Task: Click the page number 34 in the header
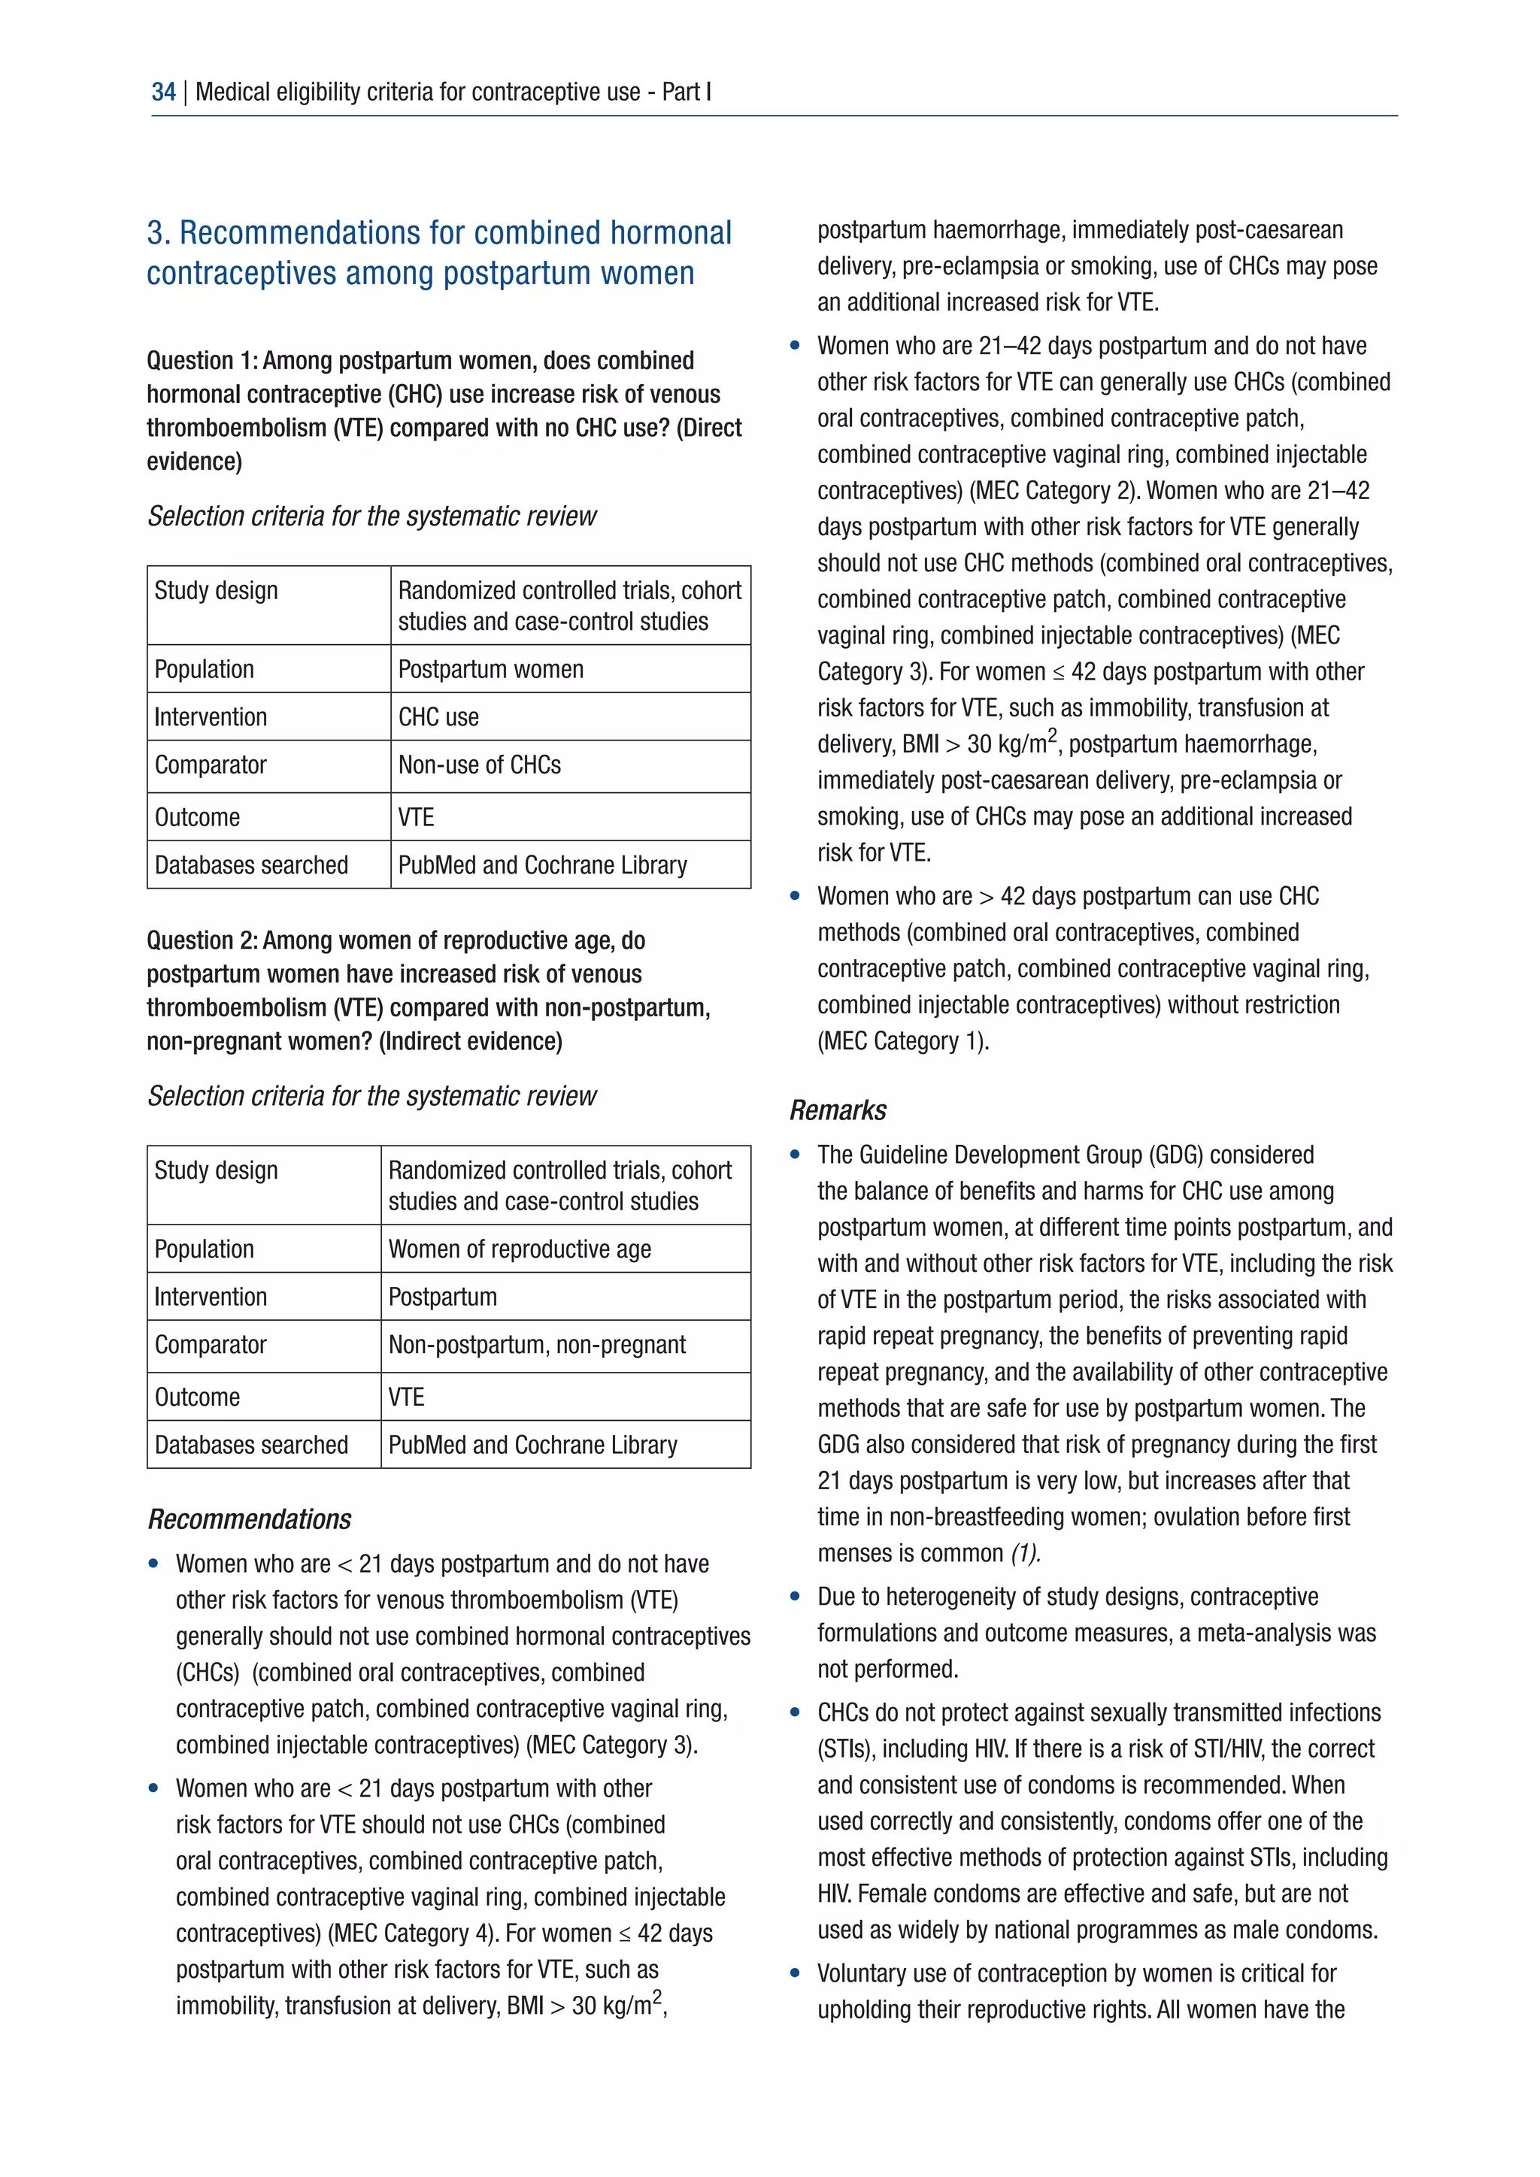(x=163, y=92)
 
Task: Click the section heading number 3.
(x=157, y=233)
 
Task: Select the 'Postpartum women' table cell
(x=490, y=669)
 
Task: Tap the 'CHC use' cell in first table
(x=438, y=717)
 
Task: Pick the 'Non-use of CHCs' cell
(x=479, y=765)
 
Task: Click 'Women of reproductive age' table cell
(x=519, y=1249)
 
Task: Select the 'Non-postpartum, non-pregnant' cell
(x=537, y=1346)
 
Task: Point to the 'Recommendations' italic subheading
(x=250, y=1520)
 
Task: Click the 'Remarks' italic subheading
(x=838, y=1110)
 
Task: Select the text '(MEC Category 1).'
(x=903, y=1041)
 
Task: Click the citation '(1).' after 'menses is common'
(x=1025, y=1553)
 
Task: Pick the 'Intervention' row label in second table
(x=211, y=1297)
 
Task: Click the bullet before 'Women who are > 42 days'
(x=795, y=896)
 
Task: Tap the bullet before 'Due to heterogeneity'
(x=795, y=1597)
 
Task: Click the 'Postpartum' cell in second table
(x=442, y=1297)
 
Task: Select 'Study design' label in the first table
(x=217, y=591)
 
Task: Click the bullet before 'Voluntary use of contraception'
(x=795, y=1973)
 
